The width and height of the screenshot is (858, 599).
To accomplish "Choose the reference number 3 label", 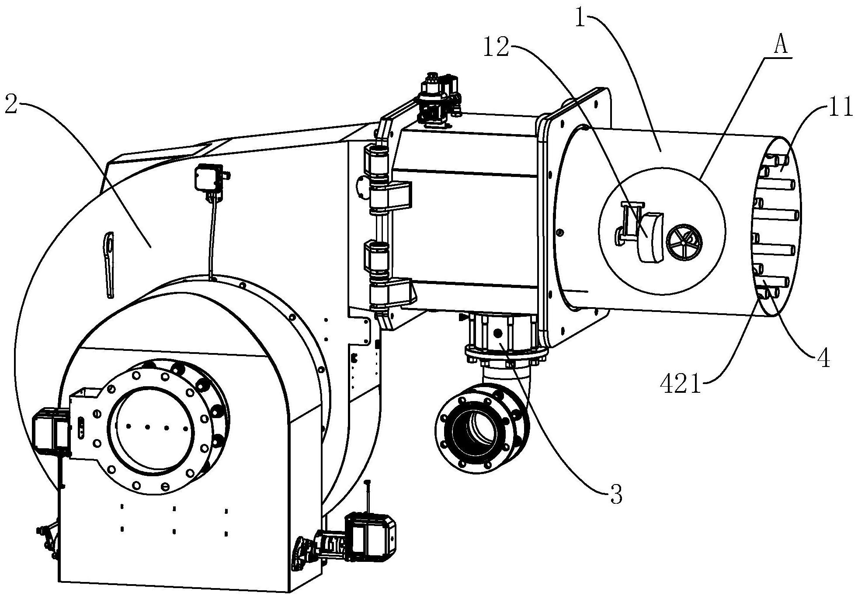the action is point(616,496).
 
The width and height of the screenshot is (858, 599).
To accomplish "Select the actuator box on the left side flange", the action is point(51,430).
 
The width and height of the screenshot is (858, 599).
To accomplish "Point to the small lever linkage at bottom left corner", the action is point(49,540).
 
